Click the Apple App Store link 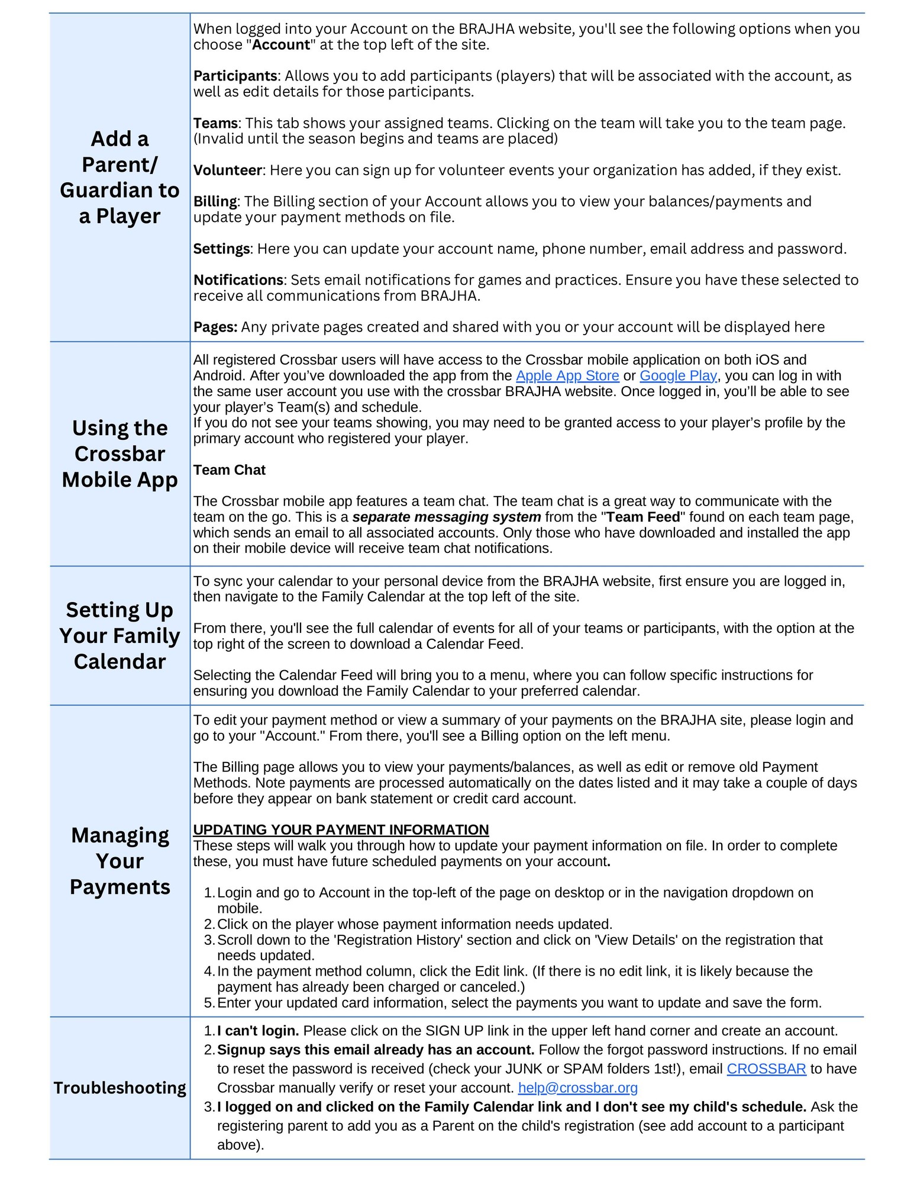(x=567, y=375)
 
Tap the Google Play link (x=678, y=375)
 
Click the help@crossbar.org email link (x=577, y=1088)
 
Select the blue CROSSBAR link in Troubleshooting (x=766, y=1069)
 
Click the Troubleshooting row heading (x=120, y=1088)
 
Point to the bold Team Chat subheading (x=229, y=469)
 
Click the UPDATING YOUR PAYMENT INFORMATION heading (x=341, y=829)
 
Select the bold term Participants (x=235, y=76)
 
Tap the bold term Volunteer (x=227, y=170)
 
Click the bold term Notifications (x=238, y=279)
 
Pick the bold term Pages (x=214, y=327)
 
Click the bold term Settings (x=221, y=249)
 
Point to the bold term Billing (x=215, y=201)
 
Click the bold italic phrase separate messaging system (x=446, y=517)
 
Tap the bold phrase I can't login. (x=257, y=1031)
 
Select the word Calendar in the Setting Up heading (x=120, y=661)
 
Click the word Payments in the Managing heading (x=120, y=887)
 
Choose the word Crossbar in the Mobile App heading (x=120, y=453)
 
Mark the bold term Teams (x=215, y=123)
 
